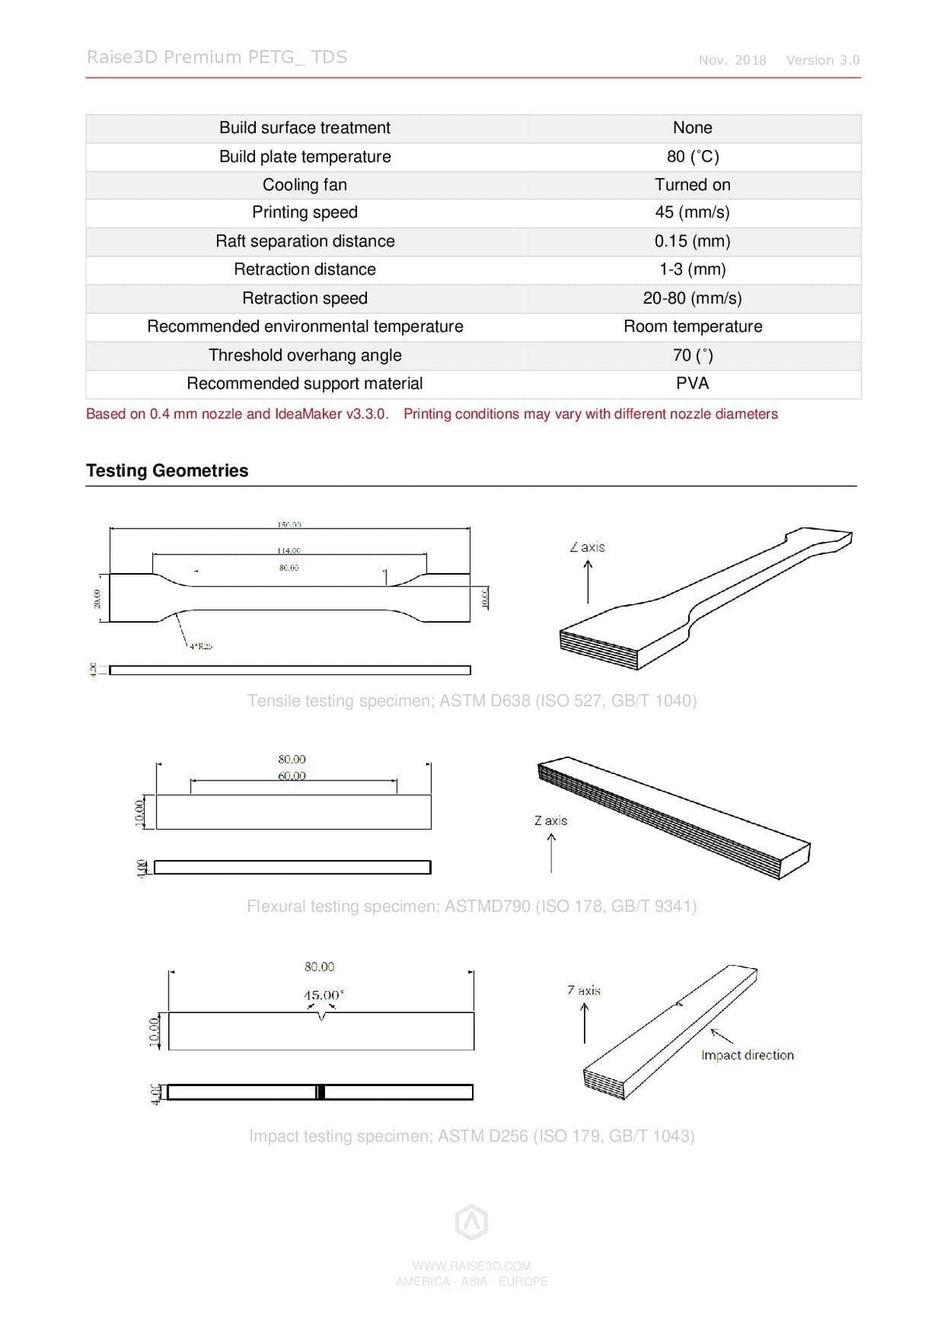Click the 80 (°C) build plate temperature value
coord(692,156)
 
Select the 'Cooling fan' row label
coord(305,184)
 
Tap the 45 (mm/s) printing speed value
coord(692,212)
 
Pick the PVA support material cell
coord(692,383)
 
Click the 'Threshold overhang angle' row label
coord(305,355)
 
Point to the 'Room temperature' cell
coord(692,327)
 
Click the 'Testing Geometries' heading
coord(167,470)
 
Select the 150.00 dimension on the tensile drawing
coord(289,525)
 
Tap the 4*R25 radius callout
coord(201,646)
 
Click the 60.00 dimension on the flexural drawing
coord(292,776)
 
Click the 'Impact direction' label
coord(746,1055)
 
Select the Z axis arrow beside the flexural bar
coord(551,852)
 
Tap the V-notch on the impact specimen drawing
coord(321,1016)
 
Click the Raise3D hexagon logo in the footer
coord(471,1222)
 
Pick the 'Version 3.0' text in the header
coord(822,61)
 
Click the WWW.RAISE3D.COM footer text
coord(471,1266)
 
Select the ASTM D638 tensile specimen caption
coord(471,701)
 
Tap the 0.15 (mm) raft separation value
coord(692,241)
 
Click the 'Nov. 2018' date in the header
coord(732,61)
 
